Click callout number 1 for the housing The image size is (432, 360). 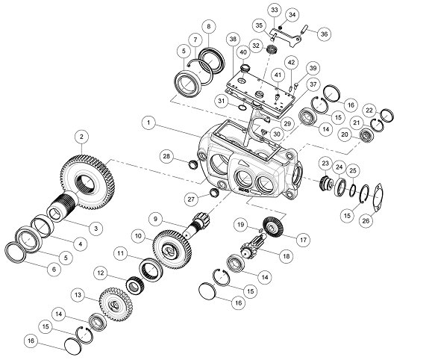pyautogui.click(x=148, y=122)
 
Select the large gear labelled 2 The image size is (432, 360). pyautogui.click(x=87, y=182)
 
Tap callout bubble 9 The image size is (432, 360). pyautogui.click(x=155, y=219)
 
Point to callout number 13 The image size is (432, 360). pyautogui.click(x=78, y=295)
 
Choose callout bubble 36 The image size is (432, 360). pyautogui.click(x=324, y=34)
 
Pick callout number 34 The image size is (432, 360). pyautogui.click(x=292, y=15)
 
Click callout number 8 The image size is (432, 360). pyautogui.click(x=209, y=27)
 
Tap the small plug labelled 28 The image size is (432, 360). pyautogui.click(x=192, y=164)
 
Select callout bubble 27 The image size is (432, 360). pyautogui.click(x=191, y=199)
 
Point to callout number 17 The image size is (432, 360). pyautogui.click(x=303, y=240)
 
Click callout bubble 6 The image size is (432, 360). pyautogui.click(x=54, y=269)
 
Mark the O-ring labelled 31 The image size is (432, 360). pyautogui.click(x=242, y=107)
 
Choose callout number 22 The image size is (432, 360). pyautogui.click(x=369, y=111)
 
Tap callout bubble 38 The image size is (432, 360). pyautogui.click(x=233, y=39)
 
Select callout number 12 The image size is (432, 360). pyautogui.click(x=100, y=273)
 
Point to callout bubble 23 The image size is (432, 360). pyautogui.click(x=325, y=164)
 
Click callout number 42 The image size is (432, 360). pyautogui.click(x=291, y=63)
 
